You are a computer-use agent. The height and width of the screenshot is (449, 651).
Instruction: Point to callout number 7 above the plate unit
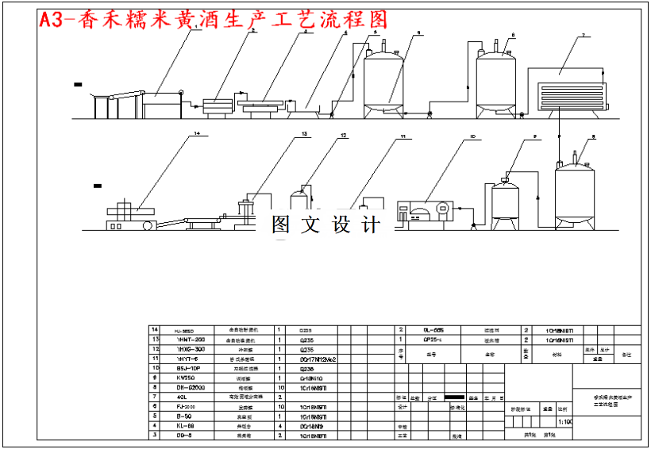tap(583, 36)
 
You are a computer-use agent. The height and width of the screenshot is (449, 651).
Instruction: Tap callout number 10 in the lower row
tap(472, 137)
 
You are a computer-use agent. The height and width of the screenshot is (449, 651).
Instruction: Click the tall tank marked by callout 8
tap(575, 192)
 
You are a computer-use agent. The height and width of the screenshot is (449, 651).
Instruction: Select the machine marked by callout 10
tap(425, 211)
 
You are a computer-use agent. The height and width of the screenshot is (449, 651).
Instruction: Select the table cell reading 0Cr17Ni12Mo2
tap(318, 359)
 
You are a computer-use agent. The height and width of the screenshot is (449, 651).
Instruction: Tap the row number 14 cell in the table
tap(156, 330)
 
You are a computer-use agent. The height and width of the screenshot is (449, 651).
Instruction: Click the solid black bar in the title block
tap(455, 397)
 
